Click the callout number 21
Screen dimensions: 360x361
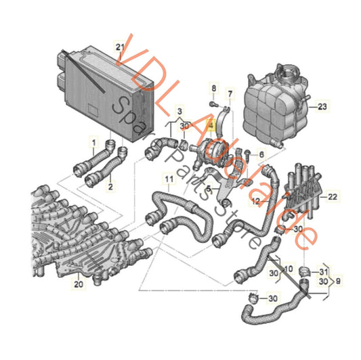pos(120,46)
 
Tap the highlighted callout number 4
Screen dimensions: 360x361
pos(211,125)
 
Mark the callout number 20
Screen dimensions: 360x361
pos(79,286)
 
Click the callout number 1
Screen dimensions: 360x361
pos(93,141)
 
